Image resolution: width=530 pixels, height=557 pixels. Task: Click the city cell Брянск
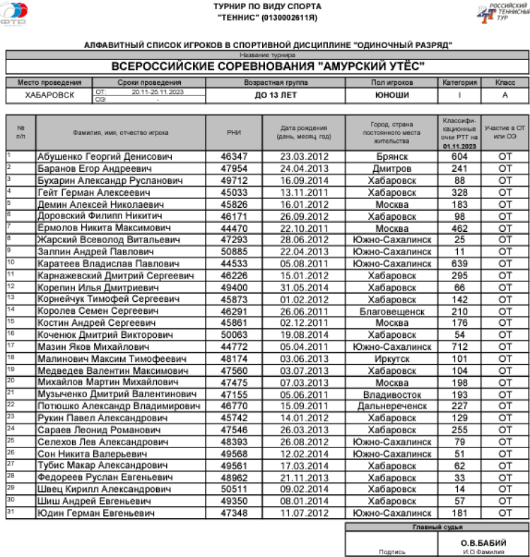(391, 156)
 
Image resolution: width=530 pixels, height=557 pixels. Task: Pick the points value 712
(460, 347)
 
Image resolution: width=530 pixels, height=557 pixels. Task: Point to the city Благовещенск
(391, 311)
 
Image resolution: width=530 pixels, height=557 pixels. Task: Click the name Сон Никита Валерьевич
(93, 454)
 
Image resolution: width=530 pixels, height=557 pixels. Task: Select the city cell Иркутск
(391, 359)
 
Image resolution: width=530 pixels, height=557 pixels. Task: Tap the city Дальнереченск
(391, 406)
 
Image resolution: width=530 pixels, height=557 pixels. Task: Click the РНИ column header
(234, 132)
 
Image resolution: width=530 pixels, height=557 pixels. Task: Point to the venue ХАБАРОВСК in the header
(49, 95)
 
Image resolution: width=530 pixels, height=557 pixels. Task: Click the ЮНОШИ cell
(391, 95)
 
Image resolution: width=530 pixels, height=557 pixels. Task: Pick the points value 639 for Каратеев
(460, 264)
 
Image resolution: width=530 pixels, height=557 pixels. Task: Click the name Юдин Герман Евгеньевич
(95, 513)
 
